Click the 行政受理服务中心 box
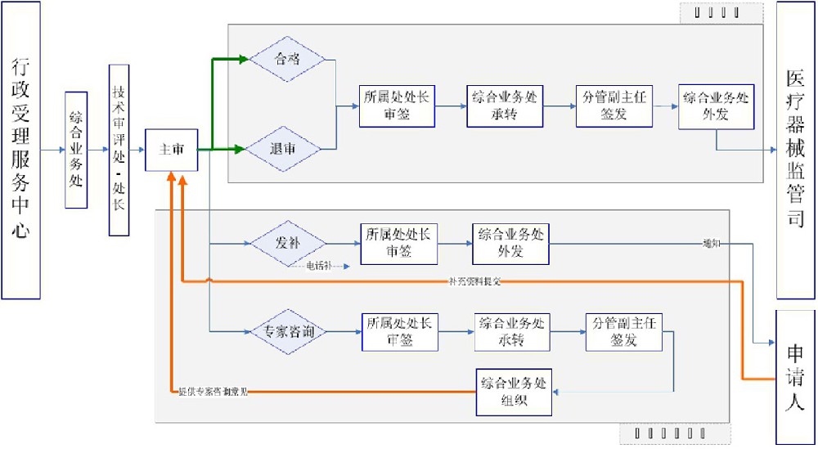click(21, 150)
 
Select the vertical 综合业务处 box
click(76, 150)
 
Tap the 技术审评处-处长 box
click(119, 150)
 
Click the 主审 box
click(171, 150)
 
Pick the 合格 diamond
click(287, 59)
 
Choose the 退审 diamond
click(287, 150)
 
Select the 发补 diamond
click(287, 243)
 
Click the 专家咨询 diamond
click(287, 331)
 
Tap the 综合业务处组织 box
click(513, 391)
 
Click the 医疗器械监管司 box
click(795, 150)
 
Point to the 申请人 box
click(795, 377)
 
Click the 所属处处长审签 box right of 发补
click(398, 243)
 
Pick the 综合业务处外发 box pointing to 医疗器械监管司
click(716, 106)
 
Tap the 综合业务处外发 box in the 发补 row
click(510, 243)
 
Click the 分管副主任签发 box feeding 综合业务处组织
click(623, 331)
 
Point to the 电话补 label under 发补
click(319, 266)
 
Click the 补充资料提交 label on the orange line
click(474, 281)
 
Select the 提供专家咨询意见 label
click(213, 392)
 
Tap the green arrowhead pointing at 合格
click(243, 59)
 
